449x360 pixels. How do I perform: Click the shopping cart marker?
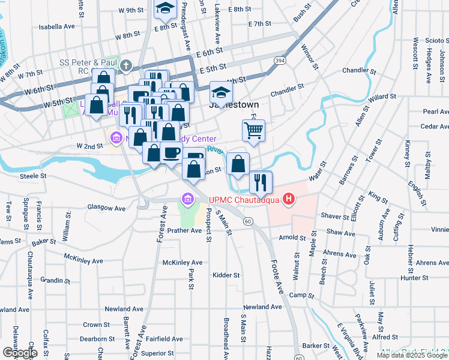coord(254,130)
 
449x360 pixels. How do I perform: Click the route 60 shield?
coord(247,221)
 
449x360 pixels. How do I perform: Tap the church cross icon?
coord(126,65)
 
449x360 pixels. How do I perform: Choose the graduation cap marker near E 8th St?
coord(163,8)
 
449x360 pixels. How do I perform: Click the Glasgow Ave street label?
coord(106,208)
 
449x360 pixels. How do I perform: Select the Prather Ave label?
coord(184,230)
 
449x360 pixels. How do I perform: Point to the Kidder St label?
coord(226,275)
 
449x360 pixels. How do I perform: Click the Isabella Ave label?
coord(56,26)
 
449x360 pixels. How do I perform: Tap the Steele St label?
coord(34,176)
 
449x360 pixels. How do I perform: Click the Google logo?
coord(19,353)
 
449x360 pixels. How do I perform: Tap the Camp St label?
coord(301,295)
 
